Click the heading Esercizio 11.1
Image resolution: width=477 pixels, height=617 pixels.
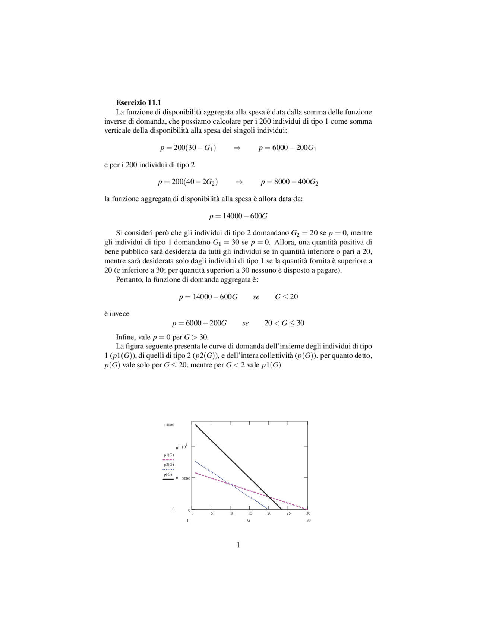pos(138,102)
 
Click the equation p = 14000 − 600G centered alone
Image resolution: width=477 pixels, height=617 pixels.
pos(238,216)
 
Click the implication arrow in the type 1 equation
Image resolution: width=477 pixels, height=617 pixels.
pos(237,148)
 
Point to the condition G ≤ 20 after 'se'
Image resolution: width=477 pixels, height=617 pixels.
pos(286,297)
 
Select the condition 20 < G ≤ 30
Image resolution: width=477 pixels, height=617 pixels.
pos(284,323)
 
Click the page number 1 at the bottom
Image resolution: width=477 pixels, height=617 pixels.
pos(238,545)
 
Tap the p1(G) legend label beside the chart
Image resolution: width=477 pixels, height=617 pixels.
pos(169,455)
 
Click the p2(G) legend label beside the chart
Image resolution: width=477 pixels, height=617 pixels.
pos(169,465)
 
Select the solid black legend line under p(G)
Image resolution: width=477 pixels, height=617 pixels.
pos(168,480)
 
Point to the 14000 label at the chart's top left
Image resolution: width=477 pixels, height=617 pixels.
pos(169,425)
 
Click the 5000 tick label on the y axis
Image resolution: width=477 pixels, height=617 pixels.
pos(186,478)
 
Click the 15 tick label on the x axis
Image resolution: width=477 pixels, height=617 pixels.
pos(250,513)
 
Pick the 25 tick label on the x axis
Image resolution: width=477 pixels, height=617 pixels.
pos(288,513)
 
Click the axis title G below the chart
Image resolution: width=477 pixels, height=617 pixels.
pos(249,520)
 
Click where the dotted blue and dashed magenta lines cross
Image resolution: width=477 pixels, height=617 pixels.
pos(231,484)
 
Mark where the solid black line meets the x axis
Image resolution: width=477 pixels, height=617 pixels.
pos(281,509)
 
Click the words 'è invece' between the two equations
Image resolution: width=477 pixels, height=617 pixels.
pos(117,314)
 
